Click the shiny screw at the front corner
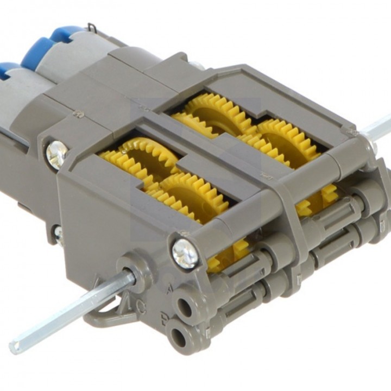click(186, 253)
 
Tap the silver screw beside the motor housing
click(56, 154)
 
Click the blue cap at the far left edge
click(8, 69)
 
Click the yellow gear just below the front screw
click(228, 255)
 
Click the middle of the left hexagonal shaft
click(71, 310)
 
